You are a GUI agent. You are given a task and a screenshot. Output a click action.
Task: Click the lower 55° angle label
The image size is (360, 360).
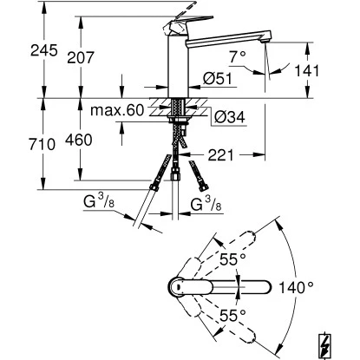tap(228, 317)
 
